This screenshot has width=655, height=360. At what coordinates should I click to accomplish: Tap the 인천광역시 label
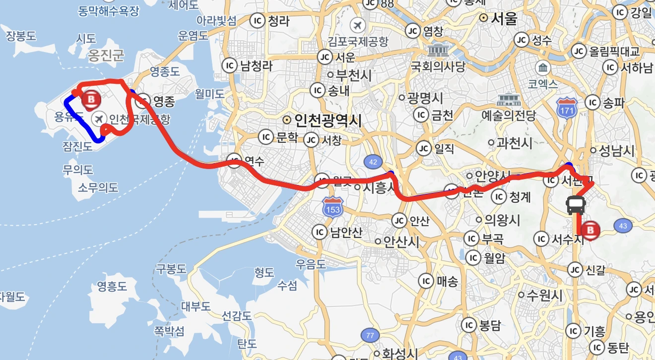click(x=328, y=120)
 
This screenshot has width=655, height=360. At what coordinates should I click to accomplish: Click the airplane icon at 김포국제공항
click(x=357, y=25)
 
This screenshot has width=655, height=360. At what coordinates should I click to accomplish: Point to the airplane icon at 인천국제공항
click(x=99, y=119)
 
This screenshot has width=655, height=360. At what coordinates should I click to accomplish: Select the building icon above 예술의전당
click(x=509, y=100)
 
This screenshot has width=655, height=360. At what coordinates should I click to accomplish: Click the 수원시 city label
click(x=544, y=296)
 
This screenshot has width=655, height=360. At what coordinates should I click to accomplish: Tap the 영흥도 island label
click(x=112, y=286)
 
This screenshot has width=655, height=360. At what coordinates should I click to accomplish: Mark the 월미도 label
click(x=209, y=93)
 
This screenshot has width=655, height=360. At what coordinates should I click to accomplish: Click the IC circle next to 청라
click(x=258, y=21)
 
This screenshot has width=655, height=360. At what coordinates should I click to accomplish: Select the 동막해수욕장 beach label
click(x=109, y=10)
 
